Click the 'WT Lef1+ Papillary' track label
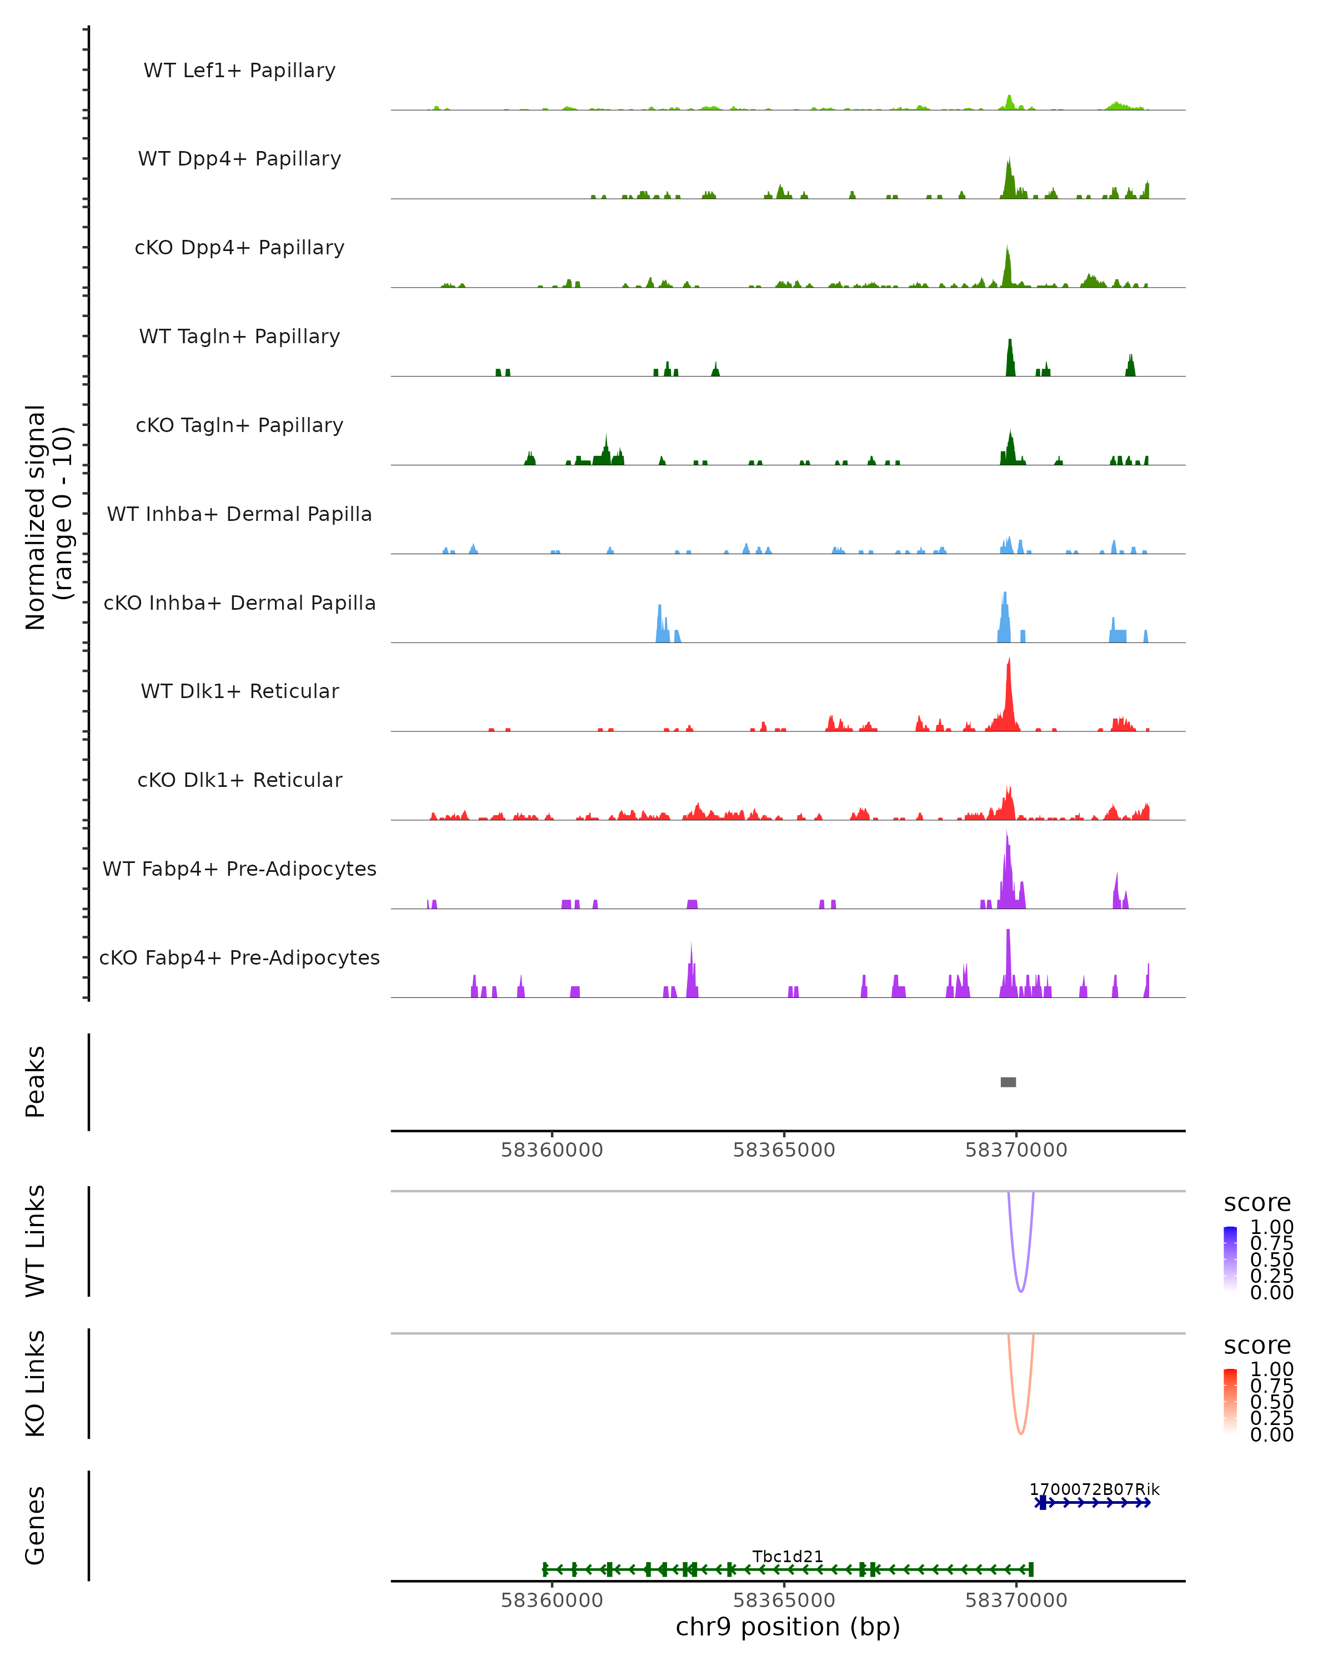click(239, 71)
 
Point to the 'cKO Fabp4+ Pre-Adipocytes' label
click(239, 957)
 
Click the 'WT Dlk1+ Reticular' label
click(239, 691)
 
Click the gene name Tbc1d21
click(788, 1556)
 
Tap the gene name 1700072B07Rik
click(1094, 1489)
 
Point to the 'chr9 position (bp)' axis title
click(788, 1627)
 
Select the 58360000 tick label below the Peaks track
click(551, 1150)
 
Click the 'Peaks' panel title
click(35, 1082)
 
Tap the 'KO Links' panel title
click(35, 1383)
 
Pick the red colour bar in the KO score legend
click(1230, 1400)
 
